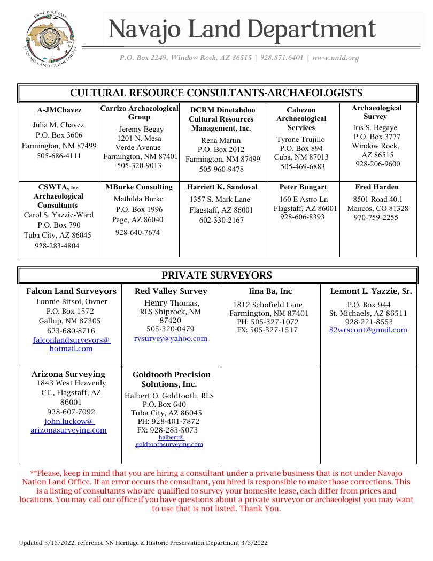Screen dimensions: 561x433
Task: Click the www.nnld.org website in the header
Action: pos(335,58)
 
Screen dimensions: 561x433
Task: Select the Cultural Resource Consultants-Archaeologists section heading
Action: pos(216,93)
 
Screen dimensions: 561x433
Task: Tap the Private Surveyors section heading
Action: pos(216,276)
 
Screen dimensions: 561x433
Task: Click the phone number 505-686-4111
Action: pos(59,156)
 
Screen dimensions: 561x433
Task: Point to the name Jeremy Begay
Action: pos(141,129)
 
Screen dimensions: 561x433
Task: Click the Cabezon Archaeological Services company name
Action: pos(301,119)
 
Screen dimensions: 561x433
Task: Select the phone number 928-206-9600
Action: pos(377,164)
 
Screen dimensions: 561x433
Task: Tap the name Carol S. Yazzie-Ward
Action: pos(59,215)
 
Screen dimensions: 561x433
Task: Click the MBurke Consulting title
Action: pos(139,187)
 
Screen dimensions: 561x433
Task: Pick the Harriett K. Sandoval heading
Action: pos(222,187)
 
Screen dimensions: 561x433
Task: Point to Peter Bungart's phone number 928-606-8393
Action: pos(303,217)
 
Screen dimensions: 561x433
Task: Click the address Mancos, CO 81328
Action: pos(377,208)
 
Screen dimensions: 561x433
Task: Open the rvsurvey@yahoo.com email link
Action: pos(171,338)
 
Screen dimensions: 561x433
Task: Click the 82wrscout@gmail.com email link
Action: pos(368,330)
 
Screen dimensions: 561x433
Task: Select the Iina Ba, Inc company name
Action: pos(270,291)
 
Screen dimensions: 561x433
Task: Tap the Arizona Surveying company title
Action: pos(68,374)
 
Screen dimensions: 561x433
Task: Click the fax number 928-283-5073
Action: pos(167,430)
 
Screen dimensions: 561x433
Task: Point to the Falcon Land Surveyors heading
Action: pos(71,291)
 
